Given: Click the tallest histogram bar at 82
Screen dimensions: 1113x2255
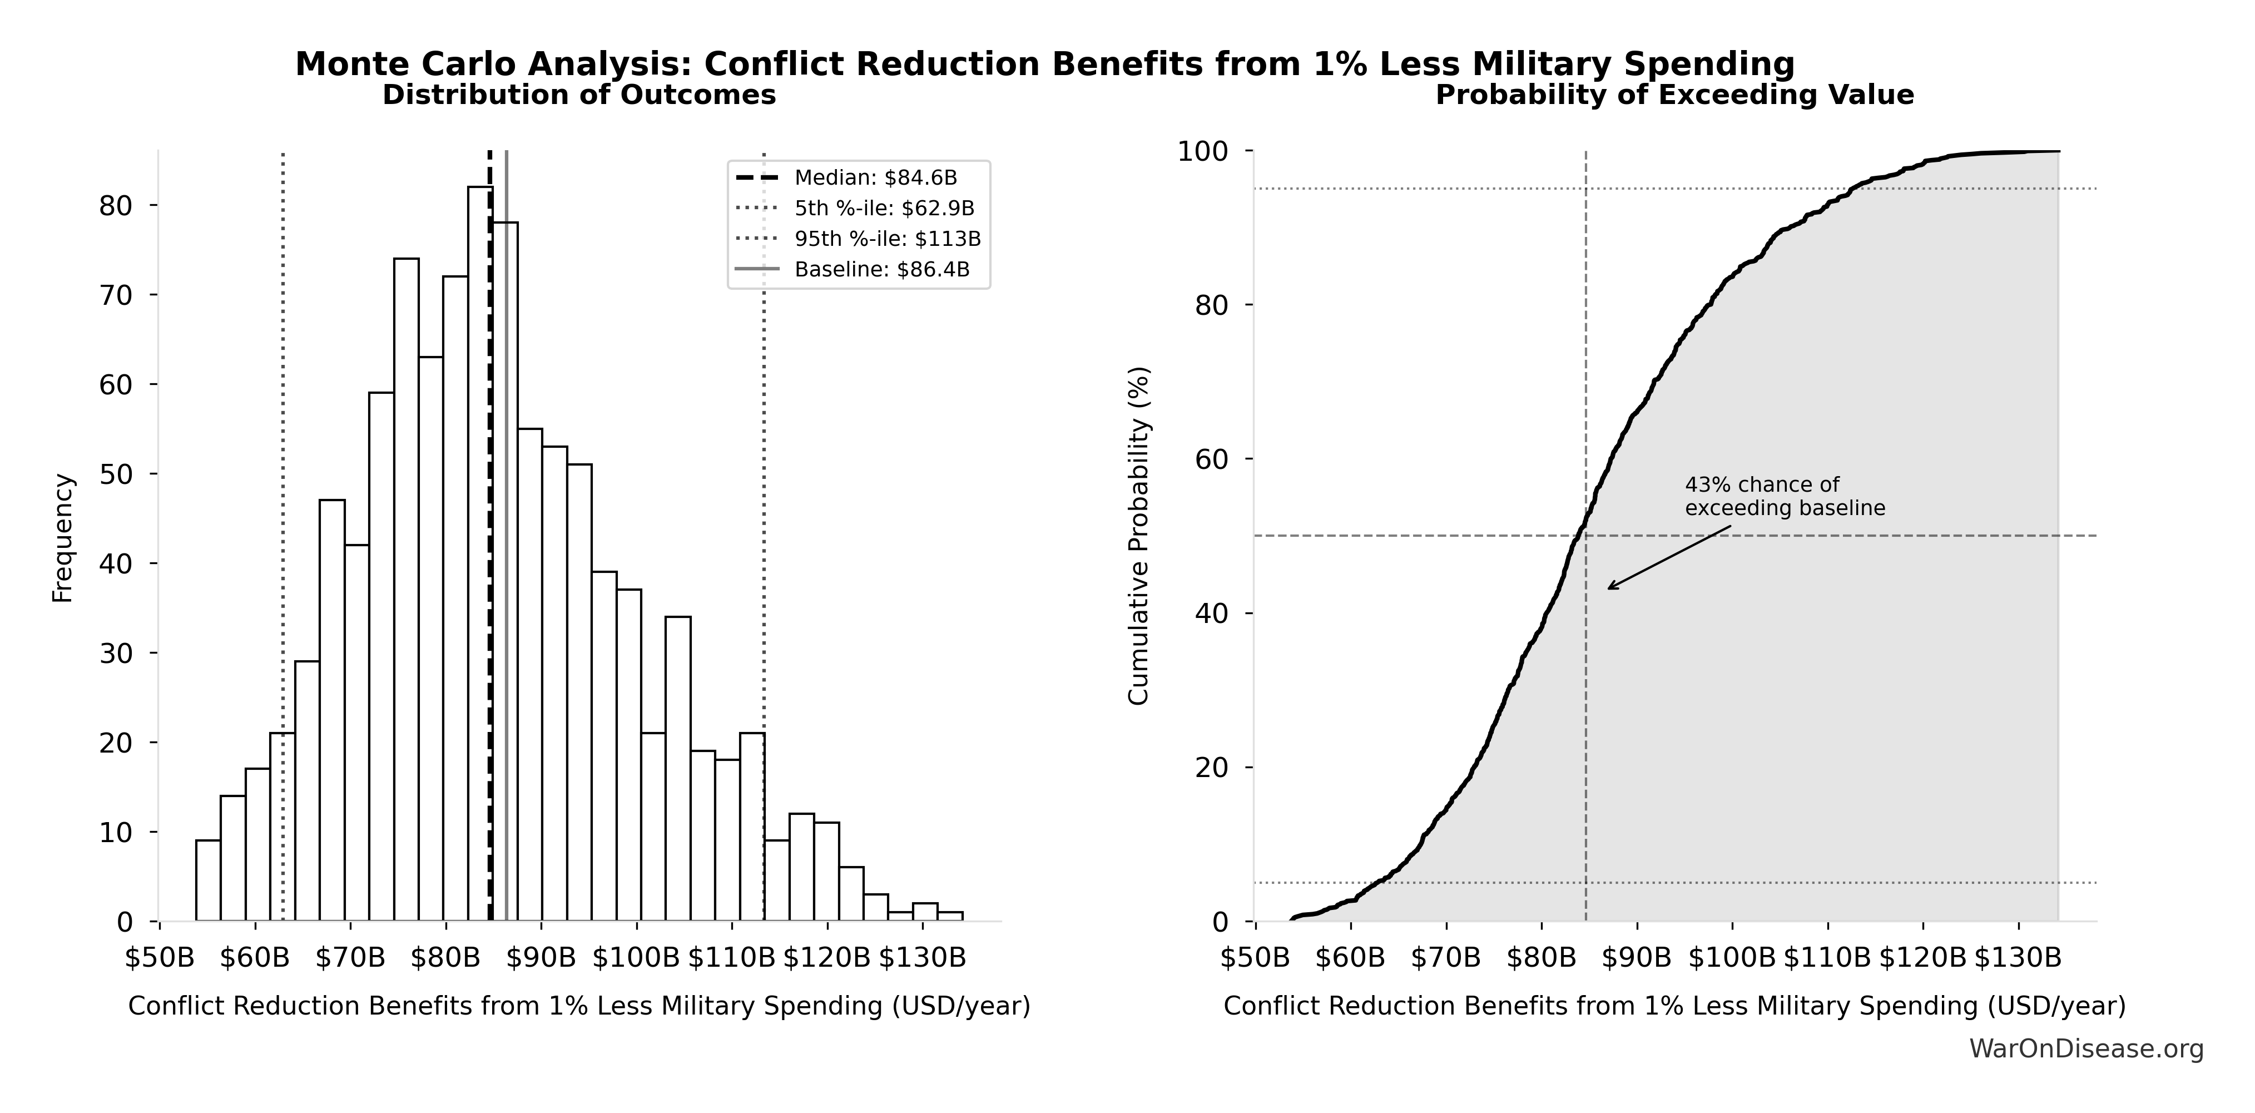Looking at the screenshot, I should pyautogui.click(x=480, y=552).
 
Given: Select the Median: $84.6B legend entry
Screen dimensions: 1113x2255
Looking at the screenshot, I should pyautogui.click(x=875, y=179).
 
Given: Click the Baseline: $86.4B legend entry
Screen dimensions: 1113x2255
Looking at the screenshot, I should pyautogui.click(x=881, y=270).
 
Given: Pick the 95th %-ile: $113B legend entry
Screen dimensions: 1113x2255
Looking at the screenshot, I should pyautogui.click(x=887, y=239).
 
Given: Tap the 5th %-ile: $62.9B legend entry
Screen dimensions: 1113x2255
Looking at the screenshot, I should pyautogui.click(x=884, y=209).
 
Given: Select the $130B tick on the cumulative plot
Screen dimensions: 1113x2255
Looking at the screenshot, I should pyautogui.click(x=2019, y=958).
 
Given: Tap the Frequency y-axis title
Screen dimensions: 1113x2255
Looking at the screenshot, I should pyautogui.click(x=63, y=538).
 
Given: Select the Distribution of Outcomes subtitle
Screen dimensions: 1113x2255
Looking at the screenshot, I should pyautogui.click(x=579, y=96).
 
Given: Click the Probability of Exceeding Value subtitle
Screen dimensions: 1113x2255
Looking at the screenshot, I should pyautogui.click(x=1674, y=96).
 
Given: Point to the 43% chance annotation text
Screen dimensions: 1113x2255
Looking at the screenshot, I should pyautogui.click(x=1784, y=497).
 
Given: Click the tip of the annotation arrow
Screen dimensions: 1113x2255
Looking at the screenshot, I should pyautogui.click(x=1608, y=588).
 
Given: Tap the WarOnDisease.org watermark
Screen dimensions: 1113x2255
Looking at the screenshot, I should pyautogui.click(x=2086, y=1049).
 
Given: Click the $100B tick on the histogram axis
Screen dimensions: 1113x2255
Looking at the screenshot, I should pyautogui.click(x=636, y=958).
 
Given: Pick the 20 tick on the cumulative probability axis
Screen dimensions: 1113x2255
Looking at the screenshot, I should pyautogui.click(x=1212, y=768).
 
